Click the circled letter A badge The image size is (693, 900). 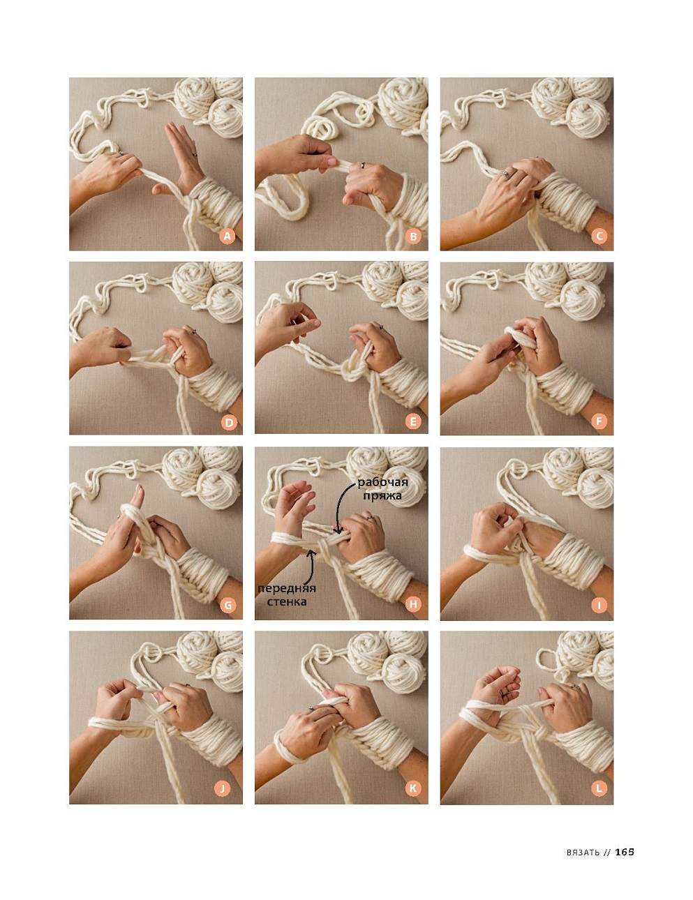pyautogui.click(x=227, y=236)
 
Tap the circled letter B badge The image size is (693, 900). pyautogui.click(x=413, y=236)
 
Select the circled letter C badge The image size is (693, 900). pyautogui.click(x=599, y=236)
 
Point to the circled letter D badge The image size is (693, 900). pyautogui.click(x=229, y=423)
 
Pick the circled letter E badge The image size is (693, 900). pyautogui.click(x=413, y=421)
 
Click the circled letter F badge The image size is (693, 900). pyautogui.click(x=599, y=421)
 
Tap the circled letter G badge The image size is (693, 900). pyautogui.click(x=228, y=606)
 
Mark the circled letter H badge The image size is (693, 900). pyautogui.click(x=413, y=604)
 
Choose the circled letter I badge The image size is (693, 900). pyautogui.click(x=599, y=606)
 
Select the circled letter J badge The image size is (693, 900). pyautogui.click(x=223, y=788)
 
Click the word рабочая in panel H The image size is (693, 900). pyautogui.click(x=382, y=483)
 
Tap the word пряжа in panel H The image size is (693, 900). pyautogui.click(x=382, y=496)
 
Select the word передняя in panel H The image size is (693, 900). pyautogui.click(x=287, y=588)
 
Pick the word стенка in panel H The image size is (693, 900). pyautogui.click(x=287, y=601)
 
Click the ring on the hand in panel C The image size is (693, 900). pyautogui.click(x=507, y=174)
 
